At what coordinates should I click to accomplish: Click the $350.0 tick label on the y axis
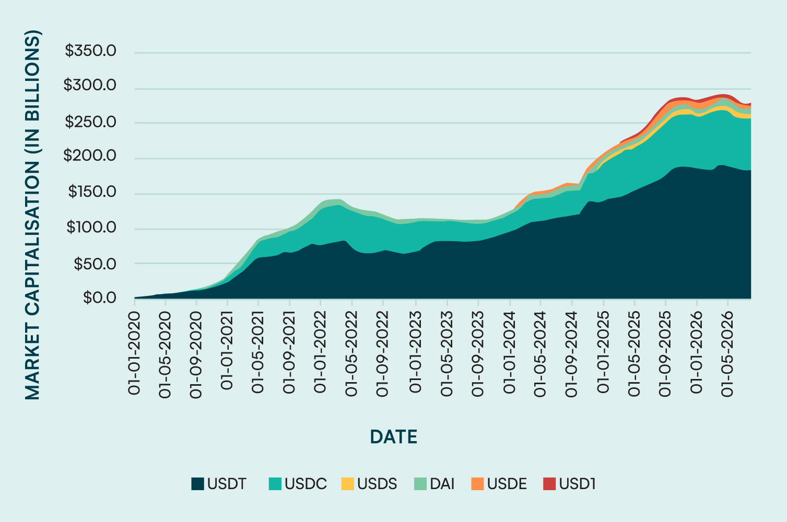click(x=90, y=51)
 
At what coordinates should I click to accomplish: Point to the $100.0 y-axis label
click(x=91, y=228)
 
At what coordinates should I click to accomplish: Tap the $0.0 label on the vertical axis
click(x=99, y=298)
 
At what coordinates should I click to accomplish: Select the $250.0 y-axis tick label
click(x=90, y=122)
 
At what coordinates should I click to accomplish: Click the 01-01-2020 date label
click(x=134, y=353)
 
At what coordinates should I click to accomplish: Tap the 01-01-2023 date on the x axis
click(x=415, y=352)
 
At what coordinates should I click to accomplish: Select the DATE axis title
click(x=394, y=437)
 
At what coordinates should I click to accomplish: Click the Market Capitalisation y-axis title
click(x=33, y=215)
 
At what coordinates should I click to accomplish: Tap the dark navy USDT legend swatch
click(x=197, y=484)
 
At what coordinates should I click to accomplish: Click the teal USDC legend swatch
click(x=275, y=484)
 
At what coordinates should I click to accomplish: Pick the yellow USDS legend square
click(x=347, y=484)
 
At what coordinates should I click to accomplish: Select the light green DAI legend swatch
click(x=420, y=484)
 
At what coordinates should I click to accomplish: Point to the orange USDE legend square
click(x=477, y=484)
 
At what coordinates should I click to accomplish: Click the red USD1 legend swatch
click(x=549, y=484)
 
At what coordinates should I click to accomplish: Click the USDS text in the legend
click(x=377, y=484)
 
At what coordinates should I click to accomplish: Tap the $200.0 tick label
click(x=90, y=156)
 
